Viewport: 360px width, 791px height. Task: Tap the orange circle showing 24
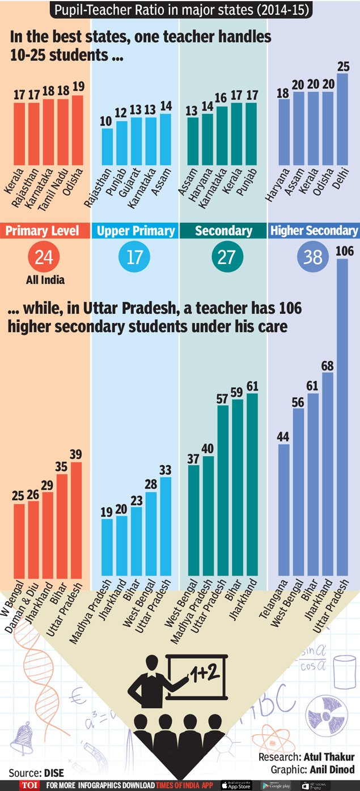[44, 258]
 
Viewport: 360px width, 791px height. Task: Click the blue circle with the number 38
[312, 258]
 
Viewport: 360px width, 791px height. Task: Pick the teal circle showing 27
[226, 258]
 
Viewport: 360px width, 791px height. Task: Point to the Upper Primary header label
[135, 231]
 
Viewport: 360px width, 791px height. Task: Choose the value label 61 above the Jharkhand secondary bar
[252, 386]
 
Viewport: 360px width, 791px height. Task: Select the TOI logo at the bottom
[28, 785]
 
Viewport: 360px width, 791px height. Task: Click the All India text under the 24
[45, 279]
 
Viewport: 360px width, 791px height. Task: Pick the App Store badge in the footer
[236, 785]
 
